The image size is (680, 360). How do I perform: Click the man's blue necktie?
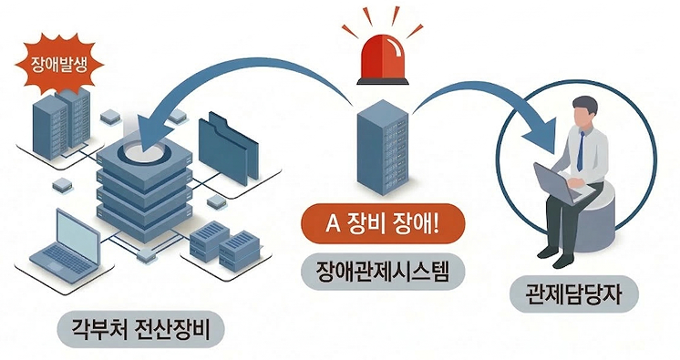pyautogui.click(x=580, y=150)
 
